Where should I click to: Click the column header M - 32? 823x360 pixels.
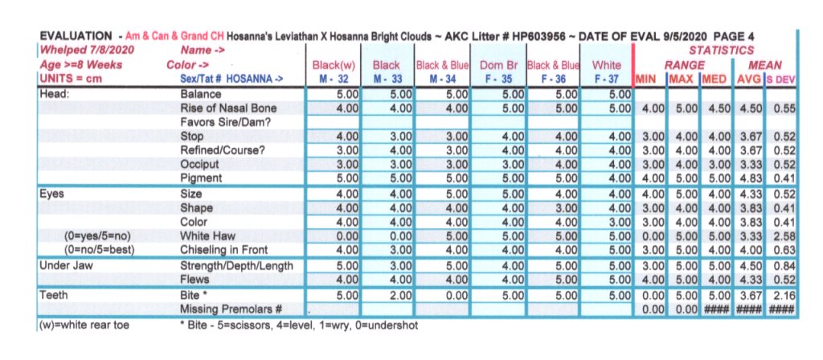333,80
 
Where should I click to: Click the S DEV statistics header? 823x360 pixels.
780,80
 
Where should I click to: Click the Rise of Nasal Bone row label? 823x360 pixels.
228,108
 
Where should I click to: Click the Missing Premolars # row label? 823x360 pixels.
231,309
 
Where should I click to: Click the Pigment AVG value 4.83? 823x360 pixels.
751,178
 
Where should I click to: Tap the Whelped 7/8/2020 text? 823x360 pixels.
86,50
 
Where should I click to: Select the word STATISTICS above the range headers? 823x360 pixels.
723,50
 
